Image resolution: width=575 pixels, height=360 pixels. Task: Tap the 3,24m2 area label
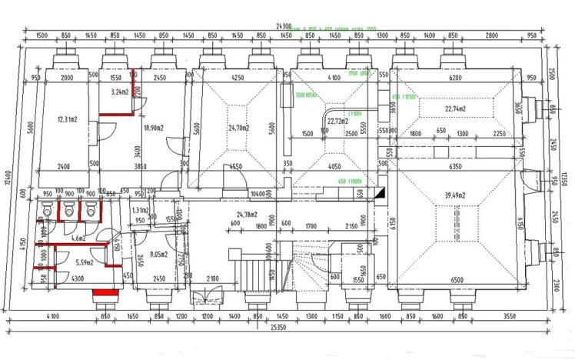pyautogui.click(x=118, y=92)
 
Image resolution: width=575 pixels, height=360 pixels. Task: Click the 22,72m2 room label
pyautogui.click(x=338, y=121)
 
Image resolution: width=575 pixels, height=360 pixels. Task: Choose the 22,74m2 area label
pyautogui.click(x=458, y=108)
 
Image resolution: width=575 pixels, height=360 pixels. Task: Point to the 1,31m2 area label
pyautogui.click(x=140, y=210)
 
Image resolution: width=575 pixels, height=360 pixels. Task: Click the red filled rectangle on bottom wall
pyautogui.click(x=104, y=292)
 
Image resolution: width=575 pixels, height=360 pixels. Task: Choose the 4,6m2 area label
pyautogui.click(x=78, y=239)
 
